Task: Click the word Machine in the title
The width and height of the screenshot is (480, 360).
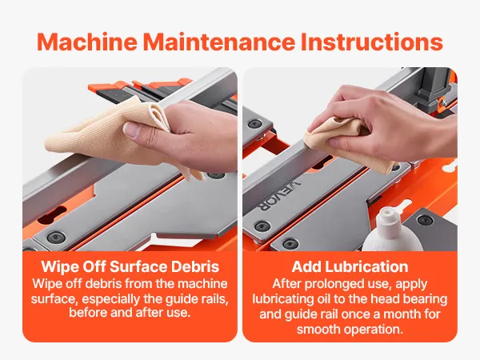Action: [87, 42]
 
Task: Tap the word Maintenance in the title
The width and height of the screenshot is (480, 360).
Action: [219, 42]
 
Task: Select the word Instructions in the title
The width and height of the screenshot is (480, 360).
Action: [372, 42]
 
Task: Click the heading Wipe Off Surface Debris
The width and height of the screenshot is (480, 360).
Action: [130, 266]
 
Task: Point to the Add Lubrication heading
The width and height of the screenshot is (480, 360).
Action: [350, 266]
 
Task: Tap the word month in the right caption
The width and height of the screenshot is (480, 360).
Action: [403, 314]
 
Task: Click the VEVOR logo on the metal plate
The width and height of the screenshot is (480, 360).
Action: [280, 196]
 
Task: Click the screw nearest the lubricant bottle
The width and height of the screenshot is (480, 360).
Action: [425, 219]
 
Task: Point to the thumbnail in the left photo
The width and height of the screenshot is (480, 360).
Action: [131, 130]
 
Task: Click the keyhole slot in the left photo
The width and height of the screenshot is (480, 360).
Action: [52, 214]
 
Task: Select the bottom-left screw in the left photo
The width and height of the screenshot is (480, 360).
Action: [55, 237]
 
